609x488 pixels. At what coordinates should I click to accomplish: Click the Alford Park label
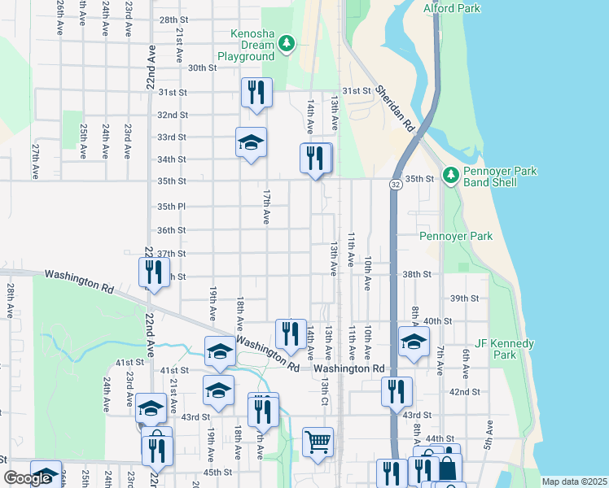452,9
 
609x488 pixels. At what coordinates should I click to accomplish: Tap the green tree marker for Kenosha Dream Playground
286,43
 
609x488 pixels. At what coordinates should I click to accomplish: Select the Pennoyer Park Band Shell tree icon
450,174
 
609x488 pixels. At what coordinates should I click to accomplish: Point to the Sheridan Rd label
396,105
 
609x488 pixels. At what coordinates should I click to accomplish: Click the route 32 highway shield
395,185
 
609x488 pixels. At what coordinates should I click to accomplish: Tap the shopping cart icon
318,442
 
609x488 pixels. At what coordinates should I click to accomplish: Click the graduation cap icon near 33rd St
251,142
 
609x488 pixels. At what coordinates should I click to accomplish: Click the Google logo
28,478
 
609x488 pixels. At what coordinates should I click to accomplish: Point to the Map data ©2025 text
574,481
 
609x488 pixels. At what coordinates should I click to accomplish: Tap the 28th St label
173,20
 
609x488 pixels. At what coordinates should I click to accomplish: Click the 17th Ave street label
265,207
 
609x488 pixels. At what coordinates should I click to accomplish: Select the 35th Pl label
172,207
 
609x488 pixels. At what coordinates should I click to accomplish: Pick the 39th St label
465,298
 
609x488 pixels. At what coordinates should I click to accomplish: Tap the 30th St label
201,68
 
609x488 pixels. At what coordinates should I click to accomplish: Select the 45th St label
217,472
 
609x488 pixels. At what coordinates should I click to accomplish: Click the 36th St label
172,230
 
